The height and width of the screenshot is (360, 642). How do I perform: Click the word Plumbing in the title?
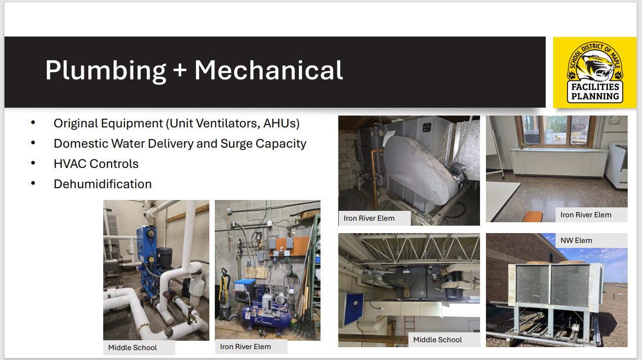pos(106,70)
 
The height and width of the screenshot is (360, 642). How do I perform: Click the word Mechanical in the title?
pos(269,70)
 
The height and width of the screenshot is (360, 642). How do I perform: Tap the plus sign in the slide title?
pos(180,71)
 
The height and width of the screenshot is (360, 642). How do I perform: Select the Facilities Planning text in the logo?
pos(595,92)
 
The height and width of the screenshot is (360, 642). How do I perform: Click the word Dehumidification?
pos(103,184)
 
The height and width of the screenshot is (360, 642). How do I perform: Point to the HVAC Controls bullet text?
pos(96,164)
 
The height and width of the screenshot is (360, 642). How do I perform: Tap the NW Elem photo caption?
pos(576,240)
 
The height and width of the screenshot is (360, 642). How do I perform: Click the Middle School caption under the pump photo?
pos(132,348)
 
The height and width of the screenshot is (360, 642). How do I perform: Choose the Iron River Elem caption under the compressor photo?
pos(245,347)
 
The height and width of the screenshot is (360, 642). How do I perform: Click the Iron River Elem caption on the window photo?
pos(586,215)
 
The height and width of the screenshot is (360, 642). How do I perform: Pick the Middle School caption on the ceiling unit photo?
pos(438,340)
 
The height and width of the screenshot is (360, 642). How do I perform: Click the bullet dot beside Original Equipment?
pos(33,122)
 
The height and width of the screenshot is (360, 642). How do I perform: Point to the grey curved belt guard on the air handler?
pos(420,165)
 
